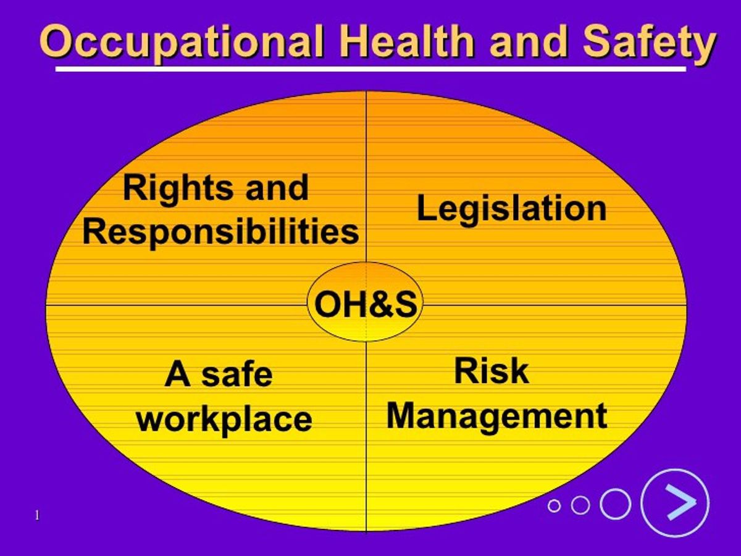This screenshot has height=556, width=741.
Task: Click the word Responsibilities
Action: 220,232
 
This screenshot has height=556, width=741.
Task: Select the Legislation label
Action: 511,208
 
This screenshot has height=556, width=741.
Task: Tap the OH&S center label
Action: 366,305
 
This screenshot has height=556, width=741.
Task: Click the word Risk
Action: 492,371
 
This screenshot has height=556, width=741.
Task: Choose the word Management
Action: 497,416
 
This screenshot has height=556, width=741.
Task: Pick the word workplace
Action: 224,419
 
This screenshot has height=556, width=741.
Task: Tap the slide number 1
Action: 38,515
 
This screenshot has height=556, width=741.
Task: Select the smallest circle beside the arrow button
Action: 554,505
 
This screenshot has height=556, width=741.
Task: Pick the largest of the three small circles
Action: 615,504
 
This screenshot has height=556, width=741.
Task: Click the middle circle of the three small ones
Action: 580,505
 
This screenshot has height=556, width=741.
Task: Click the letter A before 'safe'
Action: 177,375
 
